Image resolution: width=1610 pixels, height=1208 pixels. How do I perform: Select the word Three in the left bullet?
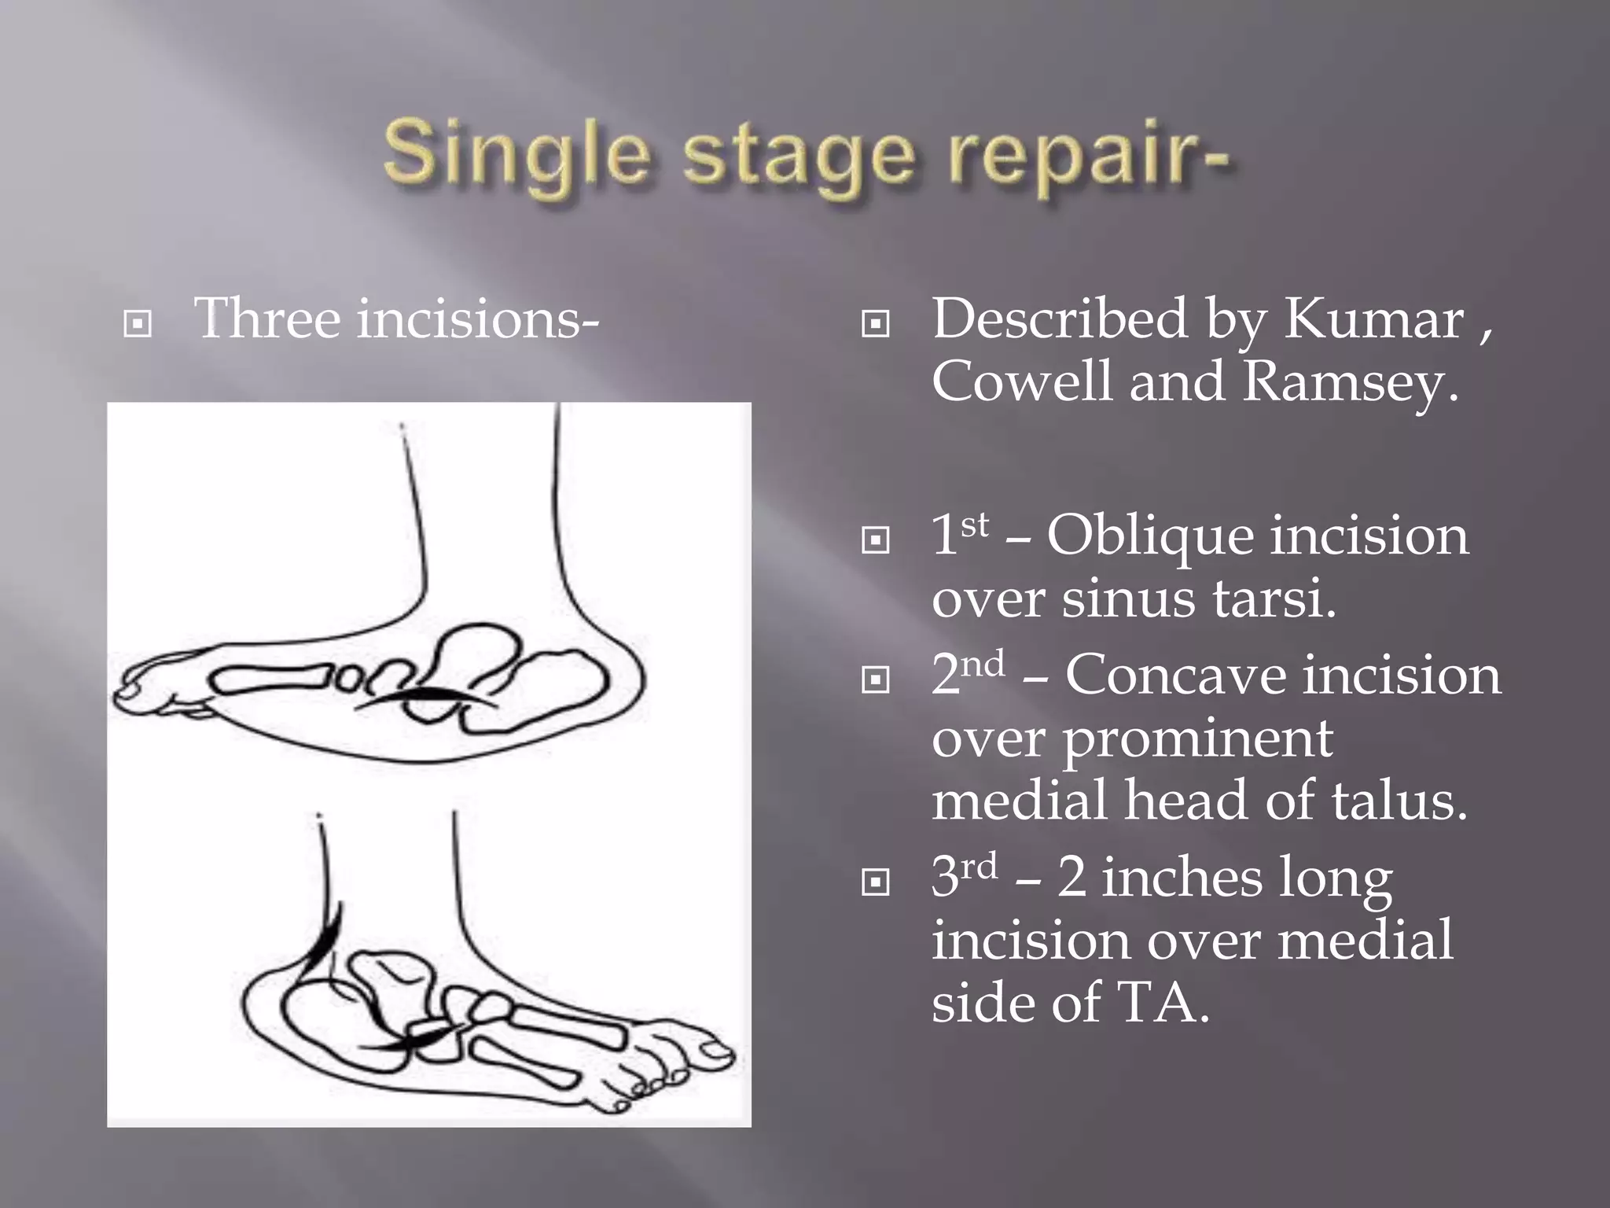click(266, 319)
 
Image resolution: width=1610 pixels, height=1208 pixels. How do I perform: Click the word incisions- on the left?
click(478, 319)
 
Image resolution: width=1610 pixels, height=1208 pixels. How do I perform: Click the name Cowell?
click(1023, 381)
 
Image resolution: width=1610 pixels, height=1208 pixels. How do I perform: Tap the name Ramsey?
click(1349, 382)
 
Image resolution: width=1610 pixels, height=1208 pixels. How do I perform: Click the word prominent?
click(1198, 739)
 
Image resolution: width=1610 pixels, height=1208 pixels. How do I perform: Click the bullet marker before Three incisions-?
click(138, 323)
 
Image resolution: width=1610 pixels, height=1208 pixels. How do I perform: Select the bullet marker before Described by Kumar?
click(875, 323)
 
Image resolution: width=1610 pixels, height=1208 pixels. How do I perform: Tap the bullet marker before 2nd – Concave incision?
click(875, 679)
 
